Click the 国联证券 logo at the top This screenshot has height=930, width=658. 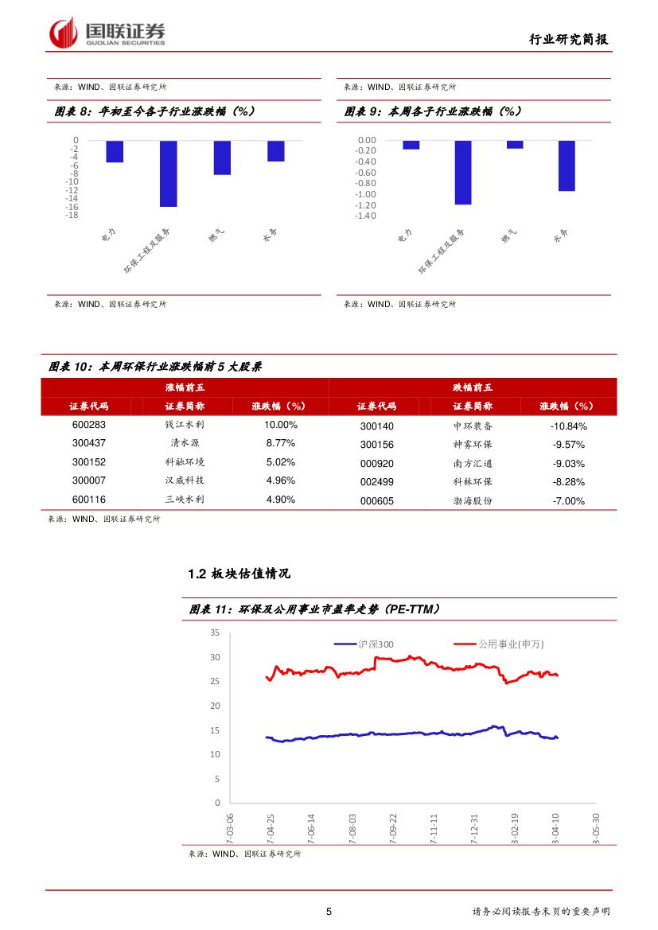coord(108,33)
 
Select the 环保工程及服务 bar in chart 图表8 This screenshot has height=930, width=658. coord(168,173)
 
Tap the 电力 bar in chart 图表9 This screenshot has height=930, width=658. coord(411,145)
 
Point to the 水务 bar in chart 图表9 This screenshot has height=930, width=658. coord(567,165)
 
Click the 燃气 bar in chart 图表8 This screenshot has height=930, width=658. coord(222,158)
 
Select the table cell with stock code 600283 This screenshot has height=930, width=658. coord(89,425)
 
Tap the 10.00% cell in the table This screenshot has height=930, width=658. coord(280,425)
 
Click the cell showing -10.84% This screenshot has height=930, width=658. coord(568,426)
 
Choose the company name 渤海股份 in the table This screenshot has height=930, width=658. coord(473,501)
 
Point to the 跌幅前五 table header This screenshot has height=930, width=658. coord(473,387)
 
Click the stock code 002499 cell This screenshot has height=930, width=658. coord(376,482)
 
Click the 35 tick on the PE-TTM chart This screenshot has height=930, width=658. coord(215,632)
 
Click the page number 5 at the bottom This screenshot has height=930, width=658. coord(329,912)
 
